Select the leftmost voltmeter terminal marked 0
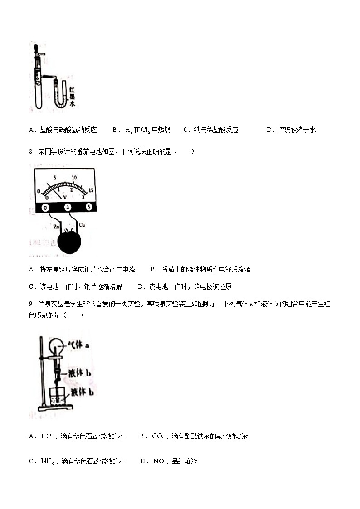45,207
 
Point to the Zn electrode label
56,225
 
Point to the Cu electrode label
82,225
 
